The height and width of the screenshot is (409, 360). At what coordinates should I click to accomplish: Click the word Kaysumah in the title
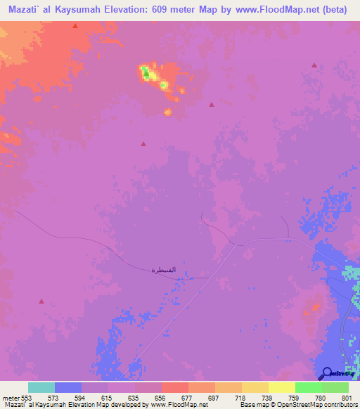tap(75, 9)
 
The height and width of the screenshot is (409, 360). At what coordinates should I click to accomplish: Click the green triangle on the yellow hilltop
tap(146, 72)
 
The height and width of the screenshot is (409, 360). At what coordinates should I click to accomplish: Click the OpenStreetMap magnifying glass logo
tap(327, 373)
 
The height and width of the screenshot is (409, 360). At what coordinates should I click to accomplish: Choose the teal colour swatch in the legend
tap(41, 387)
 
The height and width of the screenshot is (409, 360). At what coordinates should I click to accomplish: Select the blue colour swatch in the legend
tap(68, 387)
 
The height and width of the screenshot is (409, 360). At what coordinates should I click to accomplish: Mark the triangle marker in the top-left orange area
tap(75, 26)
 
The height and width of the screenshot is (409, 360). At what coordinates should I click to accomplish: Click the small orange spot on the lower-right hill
tap(316, 306)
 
